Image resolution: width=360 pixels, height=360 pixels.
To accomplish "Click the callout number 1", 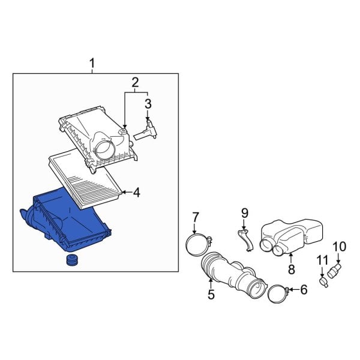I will pyautogui.click(x=92, y=63).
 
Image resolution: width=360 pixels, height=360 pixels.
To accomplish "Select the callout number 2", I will pyautogui.click(x=135, y=82).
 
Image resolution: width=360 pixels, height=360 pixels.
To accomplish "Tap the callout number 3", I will pyautogui.click(x=148, y=105).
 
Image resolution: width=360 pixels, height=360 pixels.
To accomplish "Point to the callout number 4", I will pyautogui.click(x=136, y=193).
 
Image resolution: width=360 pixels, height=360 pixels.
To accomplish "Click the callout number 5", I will pyautogui.click(x=211, y=294).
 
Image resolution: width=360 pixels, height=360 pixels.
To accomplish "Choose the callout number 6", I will pyautogui.click(x=303, y=290).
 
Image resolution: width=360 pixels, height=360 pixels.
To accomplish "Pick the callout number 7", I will pyautogui.click(x=195, y=217).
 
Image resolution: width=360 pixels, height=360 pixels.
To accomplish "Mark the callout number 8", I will pyautogui.click(x=292, y=269).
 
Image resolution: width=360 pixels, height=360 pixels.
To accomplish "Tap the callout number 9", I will pyautogui.click(x=245, y=212).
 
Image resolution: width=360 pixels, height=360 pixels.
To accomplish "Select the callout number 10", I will pyautogui.click(x=340, y=246).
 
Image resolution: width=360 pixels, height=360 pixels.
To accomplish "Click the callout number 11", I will pyautogui.click(x=322, y=260).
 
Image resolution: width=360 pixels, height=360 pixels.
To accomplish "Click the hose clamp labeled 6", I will pyautogui.click(x=275, y=295).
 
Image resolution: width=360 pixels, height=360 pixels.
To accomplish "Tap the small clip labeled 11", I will pyautogui.click(x=325, y=278).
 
